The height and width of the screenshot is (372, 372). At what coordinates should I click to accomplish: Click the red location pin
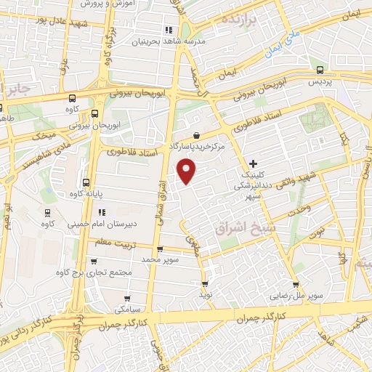click(x=187, y=171)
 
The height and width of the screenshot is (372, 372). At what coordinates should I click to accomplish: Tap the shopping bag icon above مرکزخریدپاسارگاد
click(x=197, y=134)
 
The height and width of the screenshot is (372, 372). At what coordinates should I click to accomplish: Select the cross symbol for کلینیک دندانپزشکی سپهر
click(x=252, y=163)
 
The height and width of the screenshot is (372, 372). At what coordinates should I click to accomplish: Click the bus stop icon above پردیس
click(x=320, y=70)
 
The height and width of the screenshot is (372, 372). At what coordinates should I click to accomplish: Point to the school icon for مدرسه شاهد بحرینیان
click(x=169, y=30)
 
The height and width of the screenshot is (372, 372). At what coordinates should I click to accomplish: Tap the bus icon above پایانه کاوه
click(x=86, y=183)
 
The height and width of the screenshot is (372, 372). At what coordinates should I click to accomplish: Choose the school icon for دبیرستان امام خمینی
click(x=102, y=213)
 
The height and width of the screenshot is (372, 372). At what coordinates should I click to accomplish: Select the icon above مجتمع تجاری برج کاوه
click(x=93, y=260)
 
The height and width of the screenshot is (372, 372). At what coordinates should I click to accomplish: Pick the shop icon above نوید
click(x=204, y=284)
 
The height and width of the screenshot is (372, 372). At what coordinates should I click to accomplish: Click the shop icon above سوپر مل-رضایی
click(x=296, y=285)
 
